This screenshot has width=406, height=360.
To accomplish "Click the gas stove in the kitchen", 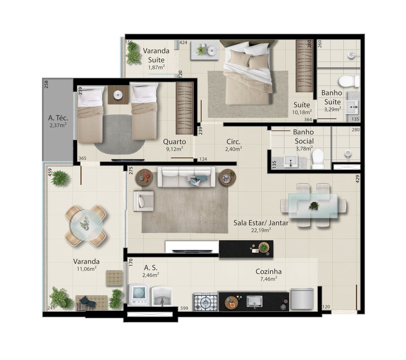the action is click(206, 302).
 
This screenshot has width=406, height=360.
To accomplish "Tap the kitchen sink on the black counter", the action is click(254, 301).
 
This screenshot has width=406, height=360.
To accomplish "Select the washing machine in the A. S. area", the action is click(139, 295).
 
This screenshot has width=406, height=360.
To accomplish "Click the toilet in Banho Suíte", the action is click(349, 81).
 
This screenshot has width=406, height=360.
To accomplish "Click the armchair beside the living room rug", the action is click(144, 201).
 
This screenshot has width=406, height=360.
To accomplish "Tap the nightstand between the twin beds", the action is click(118, 95).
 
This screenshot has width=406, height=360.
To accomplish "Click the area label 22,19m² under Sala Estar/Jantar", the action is click(261, 230).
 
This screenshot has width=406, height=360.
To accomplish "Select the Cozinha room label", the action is click(269, 272).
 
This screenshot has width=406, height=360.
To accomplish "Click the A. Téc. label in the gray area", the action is click(58, 118).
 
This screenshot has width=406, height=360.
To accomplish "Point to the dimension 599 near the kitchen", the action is click(184, 308).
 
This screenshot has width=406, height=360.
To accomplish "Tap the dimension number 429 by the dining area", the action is click(358, 179).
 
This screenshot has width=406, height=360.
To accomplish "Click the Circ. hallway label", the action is click(233, 142).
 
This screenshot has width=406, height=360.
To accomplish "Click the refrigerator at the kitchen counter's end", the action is click(302, 299).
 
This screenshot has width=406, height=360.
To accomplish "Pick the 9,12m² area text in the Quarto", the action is click(174, 149).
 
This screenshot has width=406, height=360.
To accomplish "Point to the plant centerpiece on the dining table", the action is click(314, 206).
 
